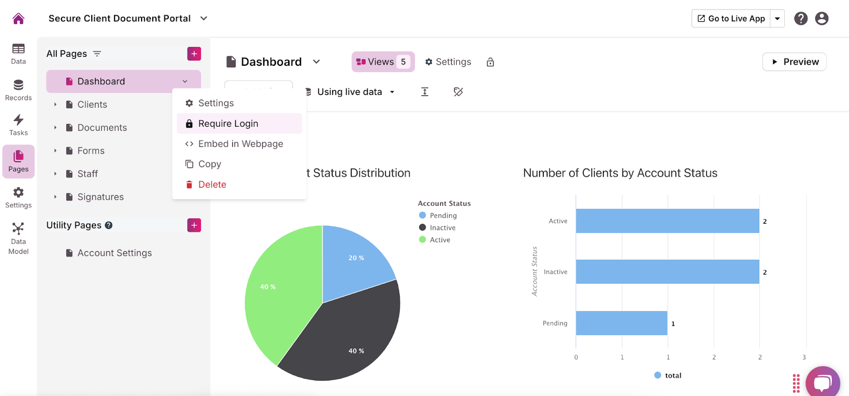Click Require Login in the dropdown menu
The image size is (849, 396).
pos(228,124)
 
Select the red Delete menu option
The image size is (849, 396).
pos(212,184)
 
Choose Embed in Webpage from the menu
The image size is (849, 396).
pos(240,144)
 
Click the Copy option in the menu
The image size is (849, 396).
pos(209,164)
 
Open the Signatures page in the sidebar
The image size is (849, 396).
pos(100,197)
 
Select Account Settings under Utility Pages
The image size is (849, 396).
pos(114,253)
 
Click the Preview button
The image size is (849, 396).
pos(794,61)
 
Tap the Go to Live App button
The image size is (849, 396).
pos(731,19)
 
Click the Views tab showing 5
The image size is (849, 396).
pos(383,62)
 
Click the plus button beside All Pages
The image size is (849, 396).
pos(194,54)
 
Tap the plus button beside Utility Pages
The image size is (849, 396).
pos(194,225)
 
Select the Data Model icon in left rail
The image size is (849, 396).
pos(19,238)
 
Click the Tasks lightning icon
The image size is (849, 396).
pos(19,125)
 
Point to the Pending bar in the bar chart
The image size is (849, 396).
pos(621,323)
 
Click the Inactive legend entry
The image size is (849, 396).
pos(442,227)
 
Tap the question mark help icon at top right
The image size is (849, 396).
pos(801,19)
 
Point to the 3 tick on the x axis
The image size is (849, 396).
pos(804,357)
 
